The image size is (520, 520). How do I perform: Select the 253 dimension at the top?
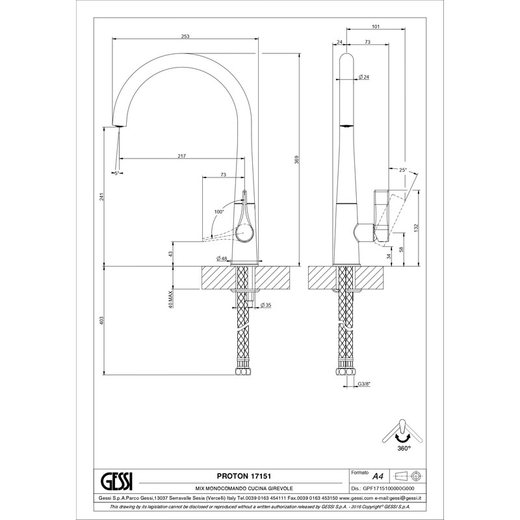point(185,36)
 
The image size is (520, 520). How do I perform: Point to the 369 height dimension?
point(297,159)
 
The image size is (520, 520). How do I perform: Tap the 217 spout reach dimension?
point(182,156)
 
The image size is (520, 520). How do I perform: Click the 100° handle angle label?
point(219,212)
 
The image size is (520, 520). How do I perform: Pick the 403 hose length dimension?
point(102,320)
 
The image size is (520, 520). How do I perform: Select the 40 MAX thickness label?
point(170,300)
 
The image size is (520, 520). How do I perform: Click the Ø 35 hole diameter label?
point(266,305)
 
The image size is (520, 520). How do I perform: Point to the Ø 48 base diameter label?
point(222,258)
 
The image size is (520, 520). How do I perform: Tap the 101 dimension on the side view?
point(376,27)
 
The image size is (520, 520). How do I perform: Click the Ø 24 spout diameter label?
point(364,77)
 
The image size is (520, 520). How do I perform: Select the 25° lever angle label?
point(402,170)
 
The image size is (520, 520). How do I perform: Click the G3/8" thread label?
point(364,384)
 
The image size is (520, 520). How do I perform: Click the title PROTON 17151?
point(244,476)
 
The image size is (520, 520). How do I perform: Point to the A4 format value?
point(378,476)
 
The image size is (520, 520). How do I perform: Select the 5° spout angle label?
point(117,173)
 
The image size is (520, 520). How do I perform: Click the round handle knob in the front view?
point(245,232)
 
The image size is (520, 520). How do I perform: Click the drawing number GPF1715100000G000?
point(389,489)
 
